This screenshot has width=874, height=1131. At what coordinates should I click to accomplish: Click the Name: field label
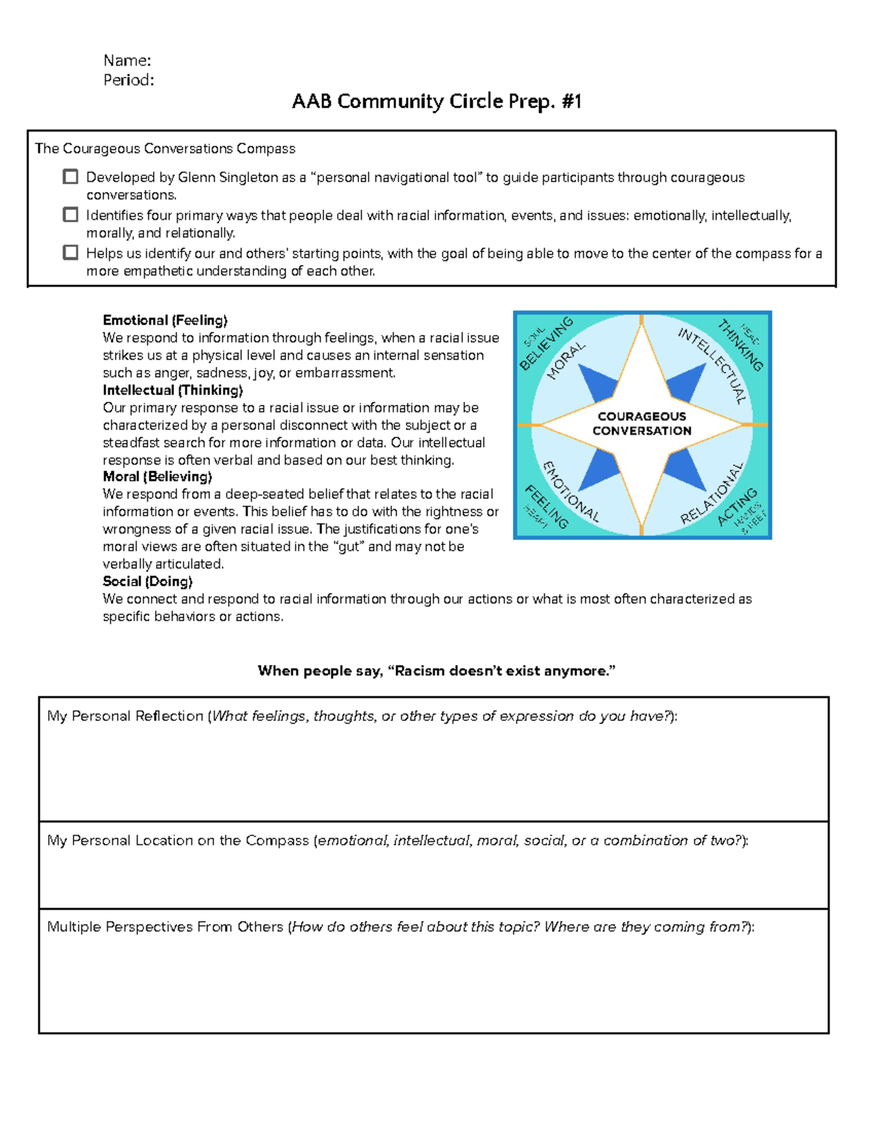tap(127, 60)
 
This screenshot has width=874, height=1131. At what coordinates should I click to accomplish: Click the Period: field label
tap(128, 80)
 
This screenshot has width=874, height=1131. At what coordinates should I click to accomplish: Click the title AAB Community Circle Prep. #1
tap(436, 101)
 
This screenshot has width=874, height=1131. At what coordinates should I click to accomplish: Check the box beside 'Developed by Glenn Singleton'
tap(71, 177)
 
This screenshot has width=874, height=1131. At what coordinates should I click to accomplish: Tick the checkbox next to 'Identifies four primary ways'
tap(71, 215)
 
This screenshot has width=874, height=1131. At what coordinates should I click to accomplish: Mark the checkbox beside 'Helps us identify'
tap(71, 253)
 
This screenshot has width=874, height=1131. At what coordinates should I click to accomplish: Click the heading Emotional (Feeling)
tap(165, 320)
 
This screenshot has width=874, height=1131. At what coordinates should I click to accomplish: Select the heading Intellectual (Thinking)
tap(173, 390)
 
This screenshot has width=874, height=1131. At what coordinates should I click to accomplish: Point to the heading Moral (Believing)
tap(157, 477)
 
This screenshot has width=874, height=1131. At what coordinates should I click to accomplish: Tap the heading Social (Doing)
tap(148, 582)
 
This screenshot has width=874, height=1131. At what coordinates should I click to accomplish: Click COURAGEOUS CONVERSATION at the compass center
tap(642, 424)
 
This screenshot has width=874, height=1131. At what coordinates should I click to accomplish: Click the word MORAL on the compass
tap(566, 361)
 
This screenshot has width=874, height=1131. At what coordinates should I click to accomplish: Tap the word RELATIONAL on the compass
tap(712, 493)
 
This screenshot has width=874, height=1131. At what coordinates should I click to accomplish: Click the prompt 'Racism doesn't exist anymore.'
tap(436, 671)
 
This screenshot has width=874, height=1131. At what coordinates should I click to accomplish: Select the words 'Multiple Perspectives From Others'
tap(165, 927)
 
